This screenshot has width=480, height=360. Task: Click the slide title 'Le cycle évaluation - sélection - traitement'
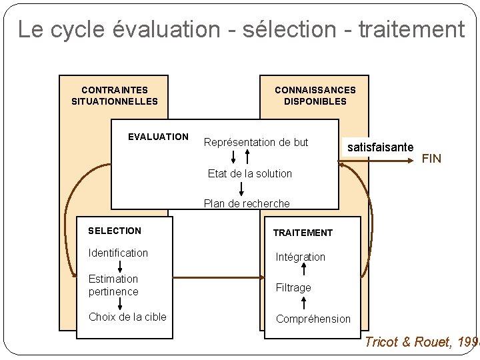[241, 29]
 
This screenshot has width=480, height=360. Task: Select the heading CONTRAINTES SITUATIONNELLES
[115, 95]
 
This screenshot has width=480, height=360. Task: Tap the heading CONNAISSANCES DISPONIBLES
[315, 95]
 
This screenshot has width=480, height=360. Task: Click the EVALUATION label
[158, 137]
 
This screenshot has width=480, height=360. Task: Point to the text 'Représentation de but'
[256, 142]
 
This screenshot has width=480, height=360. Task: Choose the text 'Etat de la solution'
[250, 173]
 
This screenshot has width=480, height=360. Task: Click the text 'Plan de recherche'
[247, 203]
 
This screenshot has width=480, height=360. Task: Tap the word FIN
[431, 159]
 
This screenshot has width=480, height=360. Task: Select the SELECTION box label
[115, 231]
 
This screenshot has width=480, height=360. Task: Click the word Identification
[118, 253]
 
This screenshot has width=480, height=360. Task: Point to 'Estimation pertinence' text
[113, 285]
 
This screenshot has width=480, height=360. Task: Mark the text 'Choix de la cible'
[127, 317]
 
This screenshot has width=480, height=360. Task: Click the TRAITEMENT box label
[303, 233]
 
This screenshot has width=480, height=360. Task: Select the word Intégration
[301, 257]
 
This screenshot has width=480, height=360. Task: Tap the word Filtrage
[293, 287]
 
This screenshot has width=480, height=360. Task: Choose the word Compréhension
[313, 319]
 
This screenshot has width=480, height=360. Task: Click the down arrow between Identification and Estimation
[120, 267]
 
